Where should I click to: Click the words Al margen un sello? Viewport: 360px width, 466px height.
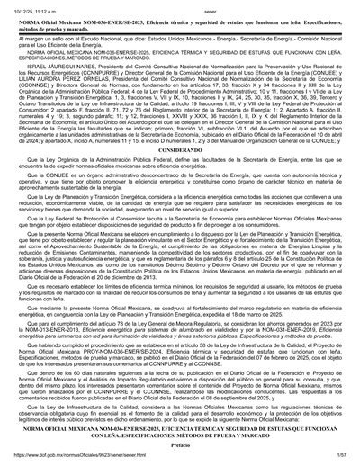coord(36,36)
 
